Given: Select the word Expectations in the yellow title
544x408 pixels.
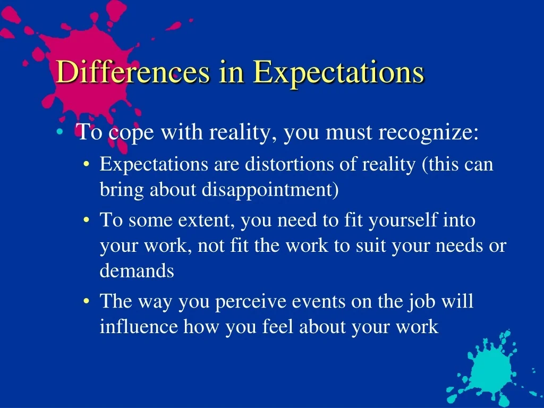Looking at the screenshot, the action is [x=338, y=73].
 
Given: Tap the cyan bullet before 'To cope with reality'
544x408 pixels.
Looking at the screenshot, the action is [x=59, y=132].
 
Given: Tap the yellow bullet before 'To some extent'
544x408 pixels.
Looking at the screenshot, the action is [x=87, y=220].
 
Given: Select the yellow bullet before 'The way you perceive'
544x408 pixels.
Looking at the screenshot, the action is [x=87, y=301].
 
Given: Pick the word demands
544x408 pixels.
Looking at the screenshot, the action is [x=137, y=270].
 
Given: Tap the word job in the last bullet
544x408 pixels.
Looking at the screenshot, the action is [x=421, y=302].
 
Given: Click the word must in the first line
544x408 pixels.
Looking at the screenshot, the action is [x=349, y=133].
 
